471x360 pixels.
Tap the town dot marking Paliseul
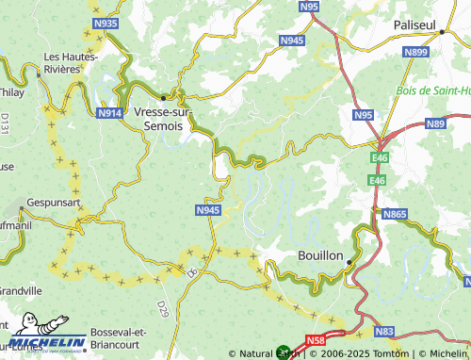[x=441, y=31]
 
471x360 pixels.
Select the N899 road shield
[x=415, y=53]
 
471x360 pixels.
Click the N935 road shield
[x=106, y=24]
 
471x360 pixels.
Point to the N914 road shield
[x=110, y=112]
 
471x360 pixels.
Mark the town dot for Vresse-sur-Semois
[x=164, y=96]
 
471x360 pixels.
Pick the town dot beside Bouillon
[x=349, y=262]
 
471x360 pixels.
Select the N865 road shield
[x=396, y=215]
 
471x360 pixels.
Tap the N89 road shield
[x=435, y=123]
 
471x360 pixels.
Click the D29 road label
[x=161, y=307]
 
